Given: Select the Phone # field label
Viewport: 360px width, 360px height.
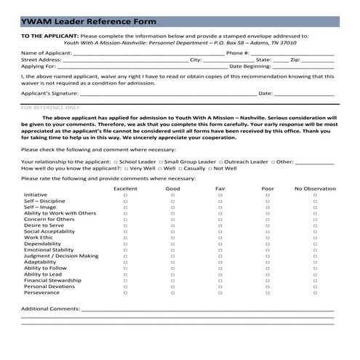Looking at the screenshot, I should pos(238,53).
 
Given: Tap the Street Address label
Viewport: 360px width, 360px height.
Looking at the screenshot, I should pos(41,60).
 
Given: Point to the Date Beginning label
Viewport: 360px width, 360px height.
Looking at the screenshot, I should pos(250,66).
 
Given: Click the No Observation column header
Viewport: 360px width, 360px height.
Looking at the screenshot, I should pos(315,188).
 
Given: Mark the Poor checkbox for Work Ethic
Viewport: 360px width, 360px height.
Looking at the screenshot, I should pos(268,237).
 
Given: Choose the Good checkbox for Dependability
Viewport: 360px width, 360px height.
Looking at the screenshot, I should pos(173,244).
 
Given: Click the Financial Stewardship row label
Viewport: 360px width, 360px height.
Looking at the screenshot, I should pos(52,279).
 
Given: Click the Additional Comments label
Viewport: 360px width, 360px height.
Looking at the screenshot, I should pos(50,309).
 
